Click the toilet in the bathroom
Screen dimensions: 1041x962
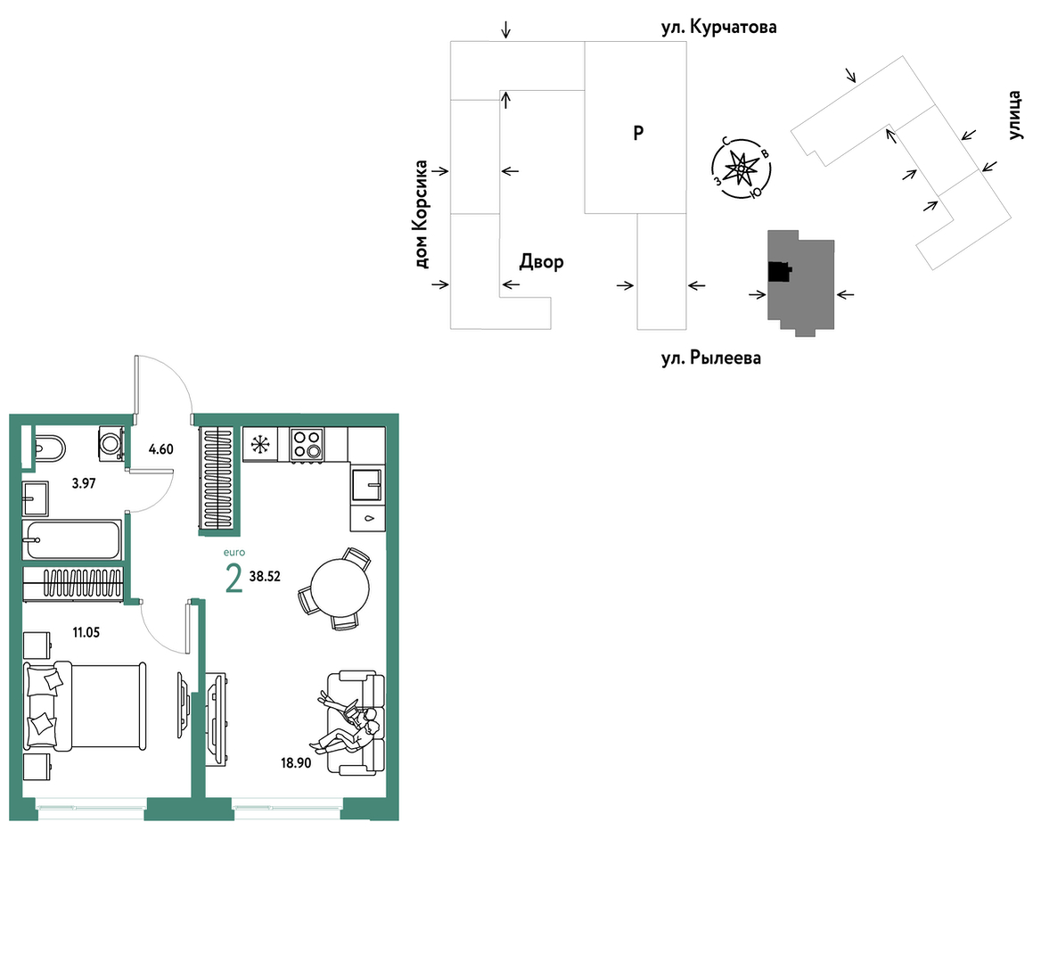click(x=48, y=448)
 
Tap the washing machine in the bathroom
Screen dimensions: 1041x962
click(x=111, y=442)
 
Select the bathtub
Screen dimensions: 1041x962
click(x=71, y=539)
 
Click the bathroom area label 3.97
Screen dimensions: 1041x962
click(x=84, y=483)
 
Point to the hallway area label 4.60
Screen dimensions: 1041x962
click(x=160, y=449)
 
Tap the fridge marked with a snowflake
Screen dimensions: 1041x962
click(x=260, y=443)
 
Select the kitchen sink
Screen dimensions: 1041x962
click(x=366, y=485)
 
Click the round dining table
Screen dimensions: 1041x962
click(x=340, y=589)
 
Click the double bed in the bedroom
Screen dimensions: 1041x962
click(x=85, y=706)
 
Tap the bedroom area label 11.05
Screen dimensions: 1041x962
click(x=86, y=633)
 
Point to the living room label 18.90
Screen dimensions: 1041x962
click(x=296, y=763)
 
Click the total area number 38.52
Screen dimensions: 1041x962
click(x=265, y=576)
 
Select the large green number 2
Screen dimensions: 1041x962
click(x=234, y=579)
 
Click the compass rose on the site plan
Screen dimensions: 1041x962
click(x=741, y=169)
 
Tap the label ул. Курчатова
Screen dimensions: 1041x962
click(x=719, y=28)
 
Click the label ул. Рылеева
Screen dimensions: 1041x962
click(x=711, y=358)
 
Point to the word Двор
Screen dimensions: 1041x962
click(x=542, y=262)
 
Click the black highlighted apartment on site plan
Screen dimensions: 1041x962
click(x=780, y=272)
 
